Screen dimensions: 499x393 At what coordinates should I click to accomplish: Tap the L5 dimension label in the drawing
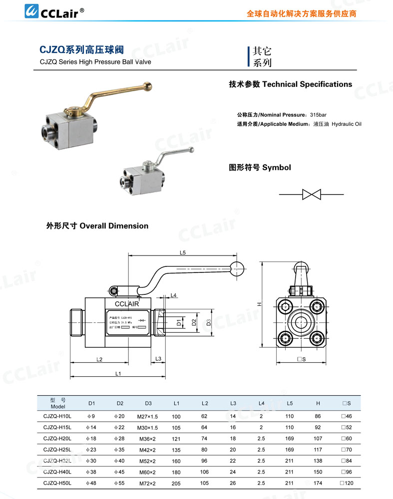click(183, 253)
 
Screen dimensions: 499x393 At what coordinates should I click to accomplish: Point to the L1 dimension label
click(117, 373)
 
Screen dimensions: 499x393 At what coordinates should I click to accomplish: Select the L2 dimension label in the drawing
click(99, 359)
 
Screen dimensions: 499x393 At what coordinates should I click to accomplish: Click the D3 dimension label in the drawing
click(209, 323)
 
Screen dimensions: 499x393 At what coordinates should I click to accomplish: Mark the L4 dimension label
click(173, 295)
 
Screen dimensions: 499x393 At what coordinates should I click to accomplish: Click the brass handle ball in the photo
click(148, 87)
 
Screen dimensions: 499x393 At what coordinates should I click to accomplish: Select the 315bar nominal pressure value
click(318, 115)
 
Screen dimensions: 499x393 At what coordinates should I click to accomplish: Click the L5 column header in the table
click(290, 403)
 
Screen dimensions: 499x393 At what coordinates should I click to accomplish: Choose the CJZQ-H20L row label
click(58, 439)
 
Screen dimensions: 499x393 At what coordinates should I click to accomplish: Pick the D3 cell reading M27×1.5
click(148, 416)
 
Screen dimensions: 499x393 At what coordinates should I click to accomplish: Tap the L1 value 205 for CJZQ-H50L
click(176, 483)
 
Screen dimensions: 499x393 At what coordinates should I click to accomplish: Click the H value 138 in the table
click(318, 461)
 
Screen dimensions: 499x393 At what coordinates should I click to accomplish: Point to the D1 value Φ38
click(91, 472)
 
